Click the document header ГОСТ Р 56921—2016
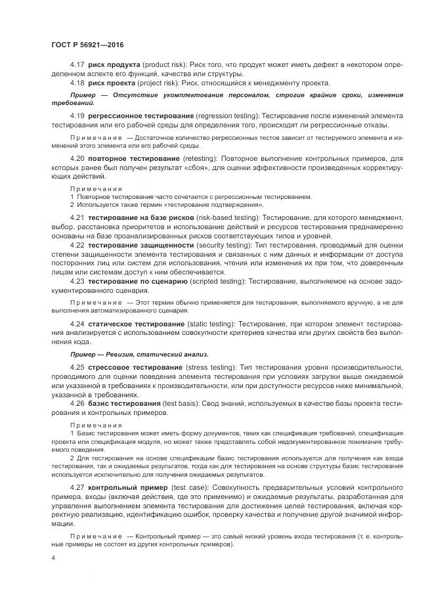87,43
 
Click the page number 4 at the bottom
53,557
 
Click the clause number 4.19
77,116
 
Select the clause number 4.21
77,217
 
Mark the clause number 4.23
77,280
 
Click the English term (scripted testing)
219,280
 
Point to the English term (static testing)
211,324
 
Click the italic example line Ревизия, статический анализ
139,354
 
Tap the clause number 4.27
77,489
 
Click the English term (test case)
190,489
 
